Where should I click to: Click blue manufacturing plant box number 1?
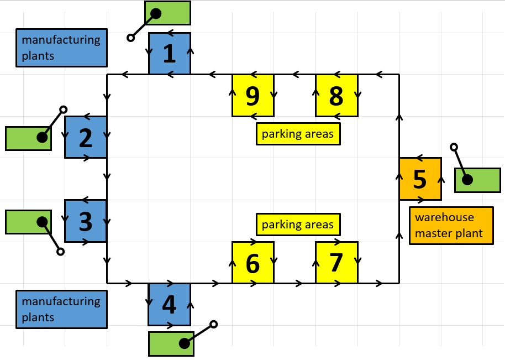170,53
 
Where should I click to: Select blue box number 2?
86,137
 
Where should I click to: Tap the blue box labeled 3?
86,221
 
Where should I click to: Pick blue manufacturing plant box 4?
169,304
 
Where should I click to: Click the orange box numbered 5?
420,179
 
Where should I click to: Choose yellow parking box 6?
252,263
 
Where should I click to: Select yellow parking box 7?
336,263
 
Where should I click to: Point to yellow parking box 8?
336,95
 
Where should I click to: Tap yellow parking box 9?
252,95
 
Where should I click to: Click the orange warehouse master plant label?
451,226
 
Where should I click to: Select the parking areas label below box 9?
298,134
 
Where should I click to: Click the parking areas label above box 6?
298,225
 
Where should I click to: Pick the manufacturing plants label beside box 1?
61,48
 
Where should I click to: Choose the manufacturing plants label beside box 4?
61,309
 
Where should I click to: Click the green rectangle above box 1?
167,13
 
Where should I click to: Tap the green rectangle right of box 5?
477,180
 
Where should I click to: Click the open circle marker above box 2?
64,109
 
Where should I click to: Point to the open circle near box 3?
61,252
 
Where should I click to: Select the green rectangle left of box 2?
28,138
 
